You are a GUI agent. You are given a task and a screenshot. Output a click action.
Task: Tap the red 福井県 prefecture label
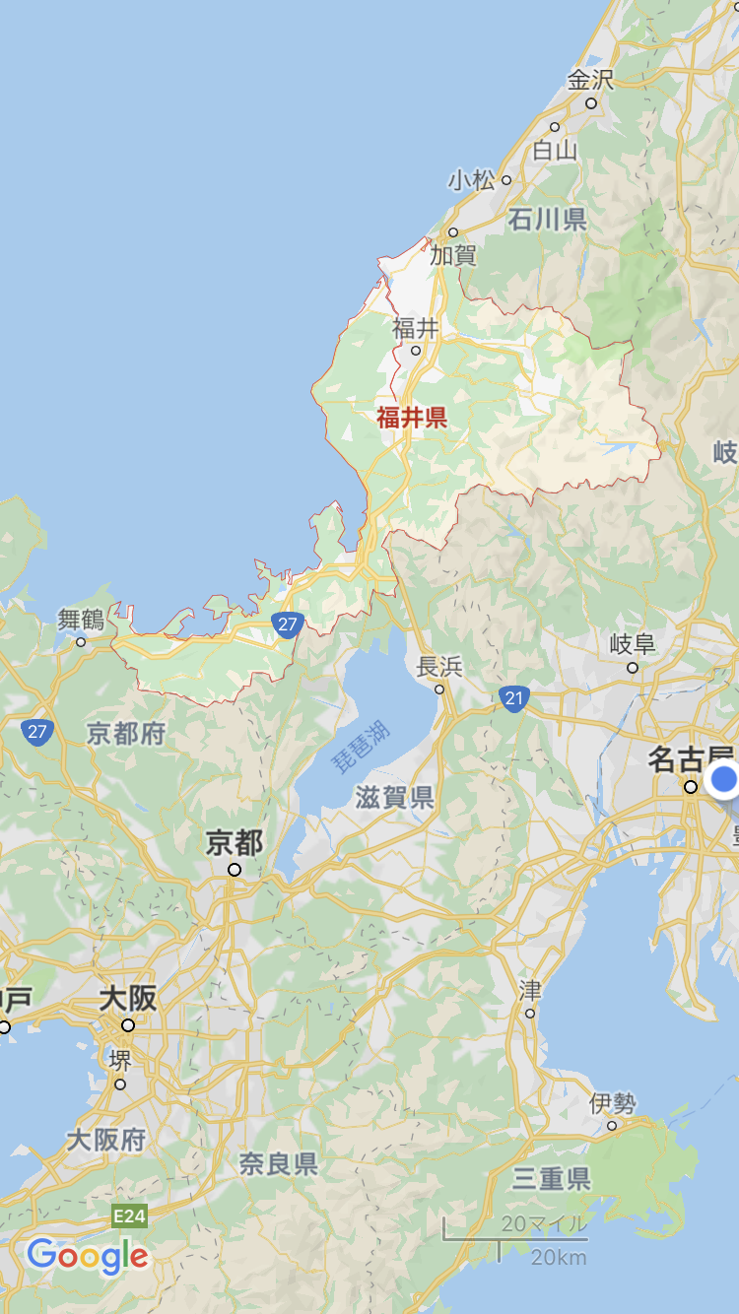tap(412, 418)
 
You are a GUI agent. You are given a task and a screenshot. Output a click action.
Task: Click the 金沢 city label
tap(589, 80)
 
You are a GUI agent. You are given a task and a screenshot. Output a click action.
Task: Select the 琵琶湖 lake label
tap(360, 746)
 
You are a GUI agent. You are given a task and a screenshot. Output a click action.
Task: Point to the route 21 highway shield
tap(513, 699)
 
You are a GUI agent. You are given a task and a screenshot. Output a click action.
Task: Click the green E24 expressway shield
tap(129, 1216)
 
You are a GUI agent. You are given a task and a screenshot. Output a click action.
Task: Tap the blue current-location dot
tap(725, 779)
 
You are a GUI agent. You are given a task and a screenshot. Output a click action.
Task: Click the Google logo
tap(88, 1256)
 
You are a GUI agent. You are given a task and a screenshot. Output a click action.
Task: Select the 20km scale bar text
tap(558, 1258)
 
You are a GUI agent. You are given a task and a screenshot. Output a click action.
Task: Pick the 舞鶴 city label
tap(81, 621)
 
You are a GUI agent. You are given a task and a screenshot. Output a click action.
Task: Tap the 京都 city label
tap(235, 843)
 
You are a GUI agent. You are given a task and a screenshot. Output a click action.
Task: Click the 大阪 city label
tap(128, 999)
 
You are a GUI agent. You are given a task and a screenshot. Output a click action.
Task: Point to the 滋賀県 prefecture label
tap(395, 797)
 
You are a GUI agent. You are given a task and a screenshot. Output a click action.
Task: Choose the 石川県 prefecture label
tap(548, 219)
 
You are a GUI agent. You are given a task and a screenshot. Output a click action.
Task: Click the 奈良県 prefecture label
tap(279, 1164)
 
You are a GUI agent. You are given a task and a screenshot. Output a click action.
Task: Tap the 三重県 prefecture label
tap(552, 1178)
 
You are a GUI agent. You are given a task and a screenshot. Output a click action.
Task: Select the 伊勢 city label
tap(613, 1104)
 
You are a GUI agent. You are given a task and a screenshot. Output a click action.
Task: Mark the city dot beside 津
tap(530, 1014)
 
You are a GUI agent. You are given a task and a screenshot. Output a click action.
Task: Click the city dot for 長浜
tap(439, 690)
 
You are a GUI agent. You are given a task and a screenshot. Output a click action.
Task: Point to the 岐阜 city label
tap(633, 645)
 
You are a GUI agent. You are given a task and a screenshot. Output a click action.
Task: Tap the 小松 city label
tap(471, 180)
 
